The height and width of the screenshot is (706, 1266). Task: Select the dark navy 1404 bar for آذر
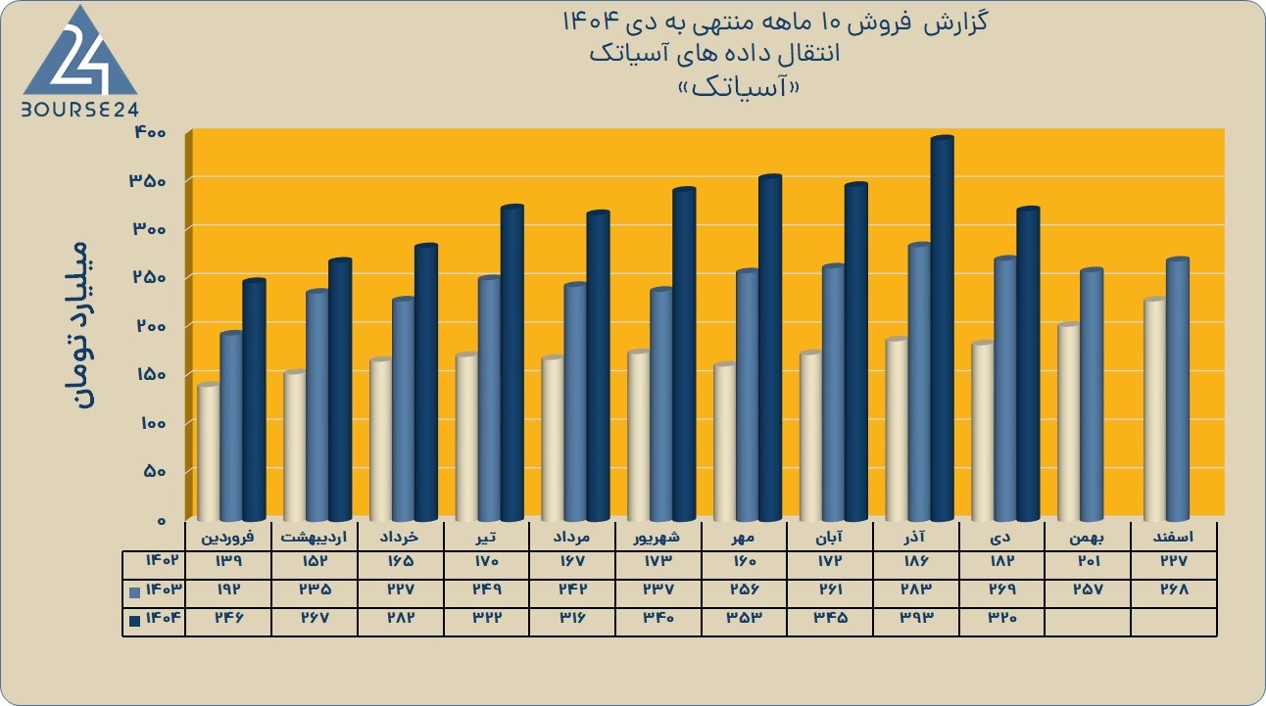(943, 328)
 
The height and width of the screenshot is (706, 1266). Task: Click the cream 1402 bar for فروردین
(209, 451)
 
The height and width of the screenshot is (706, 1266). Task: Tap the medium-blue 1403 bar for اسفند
(1178, 389)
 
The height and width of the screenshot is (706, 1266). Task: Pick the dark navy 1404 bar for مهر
(770, 348)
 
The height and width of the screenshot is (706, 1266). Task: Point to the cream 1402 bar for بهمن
(1069, 421)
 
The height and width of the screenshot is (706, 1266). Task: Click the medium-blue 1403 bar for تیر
(489, 399)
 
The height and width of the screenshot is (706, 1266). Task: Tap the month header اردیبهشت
(314, 537)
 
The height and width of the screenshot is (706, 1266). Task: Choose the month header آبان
(829, 537)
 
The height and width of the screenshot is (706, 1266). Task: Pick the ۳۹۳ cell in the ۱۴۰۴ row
(915, 617)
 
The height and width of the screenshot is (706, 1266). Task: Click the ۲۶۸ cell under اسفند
(1174, 589)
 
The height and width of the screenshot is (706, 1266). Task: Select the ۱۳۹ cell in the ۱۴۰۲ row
(227, 561)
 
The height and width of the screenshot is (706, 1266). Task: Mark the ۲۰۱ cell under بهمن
(1087, 561)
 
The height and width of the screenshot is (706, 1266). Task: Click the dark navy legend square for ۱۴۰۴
(134, 621)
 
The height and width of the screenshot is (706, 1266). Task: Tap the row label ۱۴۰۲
(163, 561)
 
